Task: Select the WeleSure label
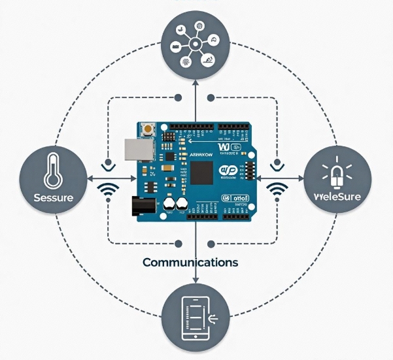click(x=339, y=197)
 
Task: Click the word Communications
click(x=190, y=262)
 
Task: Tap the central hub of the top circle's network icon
click(x=195, y=45)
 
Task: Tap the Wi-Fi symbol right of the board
click(x=279, y=191)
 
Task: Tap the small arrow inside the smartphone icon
click(x=214, y=318)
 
